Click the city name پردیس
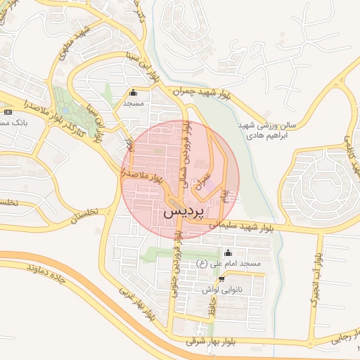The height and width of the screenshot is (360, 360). pos(187,211)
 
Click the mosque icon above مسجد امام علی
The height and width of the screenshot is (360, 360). pos(227,252)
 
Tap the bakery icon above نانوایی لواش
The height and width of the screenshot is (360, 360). pos(221,278)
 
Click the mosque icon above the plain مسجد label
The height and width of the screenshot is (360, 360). pos(134,91)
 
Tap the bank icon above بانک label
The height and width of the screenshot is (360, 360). pos(8,112)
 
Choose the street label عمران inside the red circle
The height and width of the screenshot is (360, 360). pos(205,170)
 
